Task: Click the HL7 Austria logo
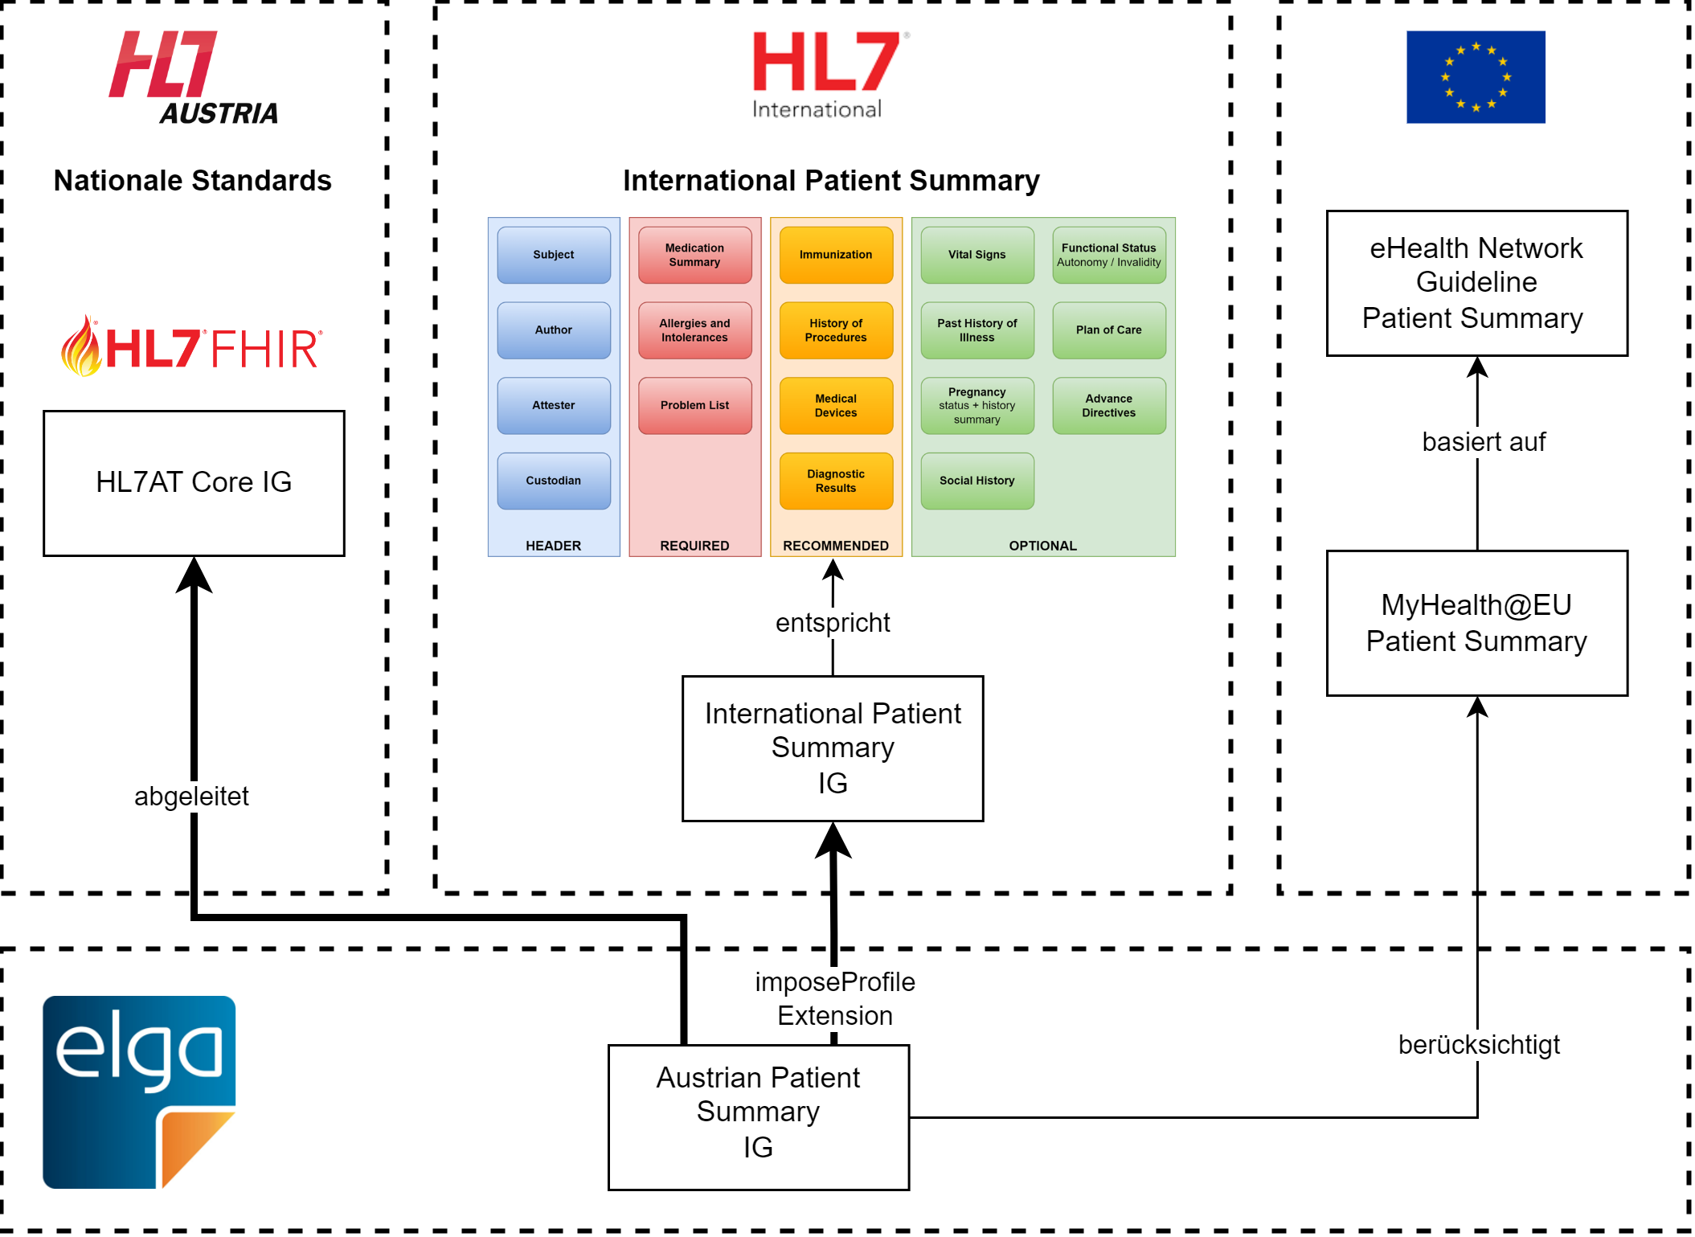(x=194, y=78)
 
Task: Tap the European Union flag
(x=1476, y=77)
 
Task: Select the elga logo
(x=139, y=1092)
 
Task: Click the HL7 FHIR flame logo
(x=192, y=347)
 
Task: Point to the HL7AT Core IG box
(x=194, y=483)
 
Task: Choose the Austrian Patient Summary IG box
(x=759, y=1116)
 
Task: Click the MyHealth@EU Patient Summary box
(x=1476, y=623)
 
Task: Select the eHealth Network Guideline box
(x=1476, y=283)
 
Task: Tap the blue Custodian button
(x=554, y=481)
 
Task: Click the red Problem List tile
(x=694, y=405)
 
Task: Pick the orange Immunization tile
(x=836, y=255)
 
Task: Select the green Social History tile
(x=976, y=481)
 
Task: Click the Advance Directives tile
(x=1108, y=405)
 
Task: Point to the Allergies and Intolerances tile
(x=694, y=330)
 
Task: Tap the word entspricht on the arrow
(x=833, y=623)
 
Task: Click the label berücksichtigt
(x=1479, y=1044)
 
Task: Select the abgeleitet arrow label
(x=191, y=796)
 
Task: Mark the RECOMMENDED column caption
(x=836, y=546)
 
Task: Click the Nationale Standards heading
(x=193, y=181)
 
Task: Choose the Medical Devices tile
(x=836, y=405)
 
